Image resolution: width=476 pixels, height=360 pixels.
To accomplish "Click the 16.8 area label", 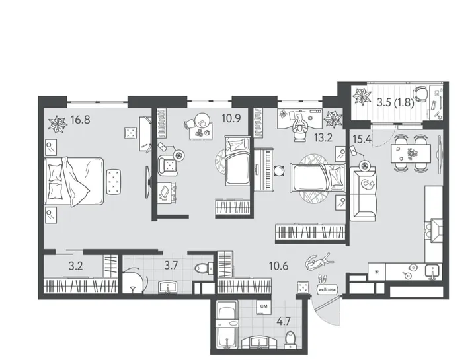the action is tap(80, 120).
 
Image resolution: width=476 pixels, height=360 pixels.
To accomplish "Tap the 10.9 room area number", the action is tap(231, 118).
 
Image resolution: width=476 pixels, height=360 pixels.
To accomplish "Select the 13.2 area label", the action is tap(323, 138).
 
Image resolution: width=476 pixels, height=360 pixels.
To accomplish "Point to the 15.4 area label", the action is tap(362, 139).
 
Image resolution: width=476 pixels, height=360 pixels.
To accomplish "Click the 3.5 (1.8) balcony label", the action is tap(395, 103).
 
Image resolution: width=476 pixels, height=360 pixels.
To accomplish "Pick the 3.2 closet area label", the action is tap(75, 266).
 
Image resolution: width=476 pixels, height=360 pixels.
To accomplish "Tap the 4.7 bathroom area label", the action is tap(284, 321).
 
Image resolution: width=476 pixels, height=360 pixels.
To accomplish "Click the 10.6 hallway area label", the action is tap(279, 266).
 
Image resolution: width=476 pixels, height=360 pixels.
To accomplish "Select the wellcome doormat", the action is tap(327, 289).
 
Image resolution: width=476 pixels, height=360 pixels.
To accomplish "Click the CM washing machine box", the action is tap(264, 306).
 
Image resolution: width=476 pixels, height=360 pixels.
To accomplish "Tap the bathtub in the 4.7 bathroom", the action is tap(227, 328).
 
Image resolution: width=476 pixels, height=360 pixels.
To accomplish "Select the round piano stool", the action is tap(279, 170).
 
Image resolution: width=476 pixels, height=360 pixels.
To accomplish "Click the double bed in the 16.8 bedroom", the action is tap(75, 182).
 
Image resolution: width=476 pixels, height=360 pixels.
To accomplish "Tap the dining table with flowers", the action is tap(411, 154).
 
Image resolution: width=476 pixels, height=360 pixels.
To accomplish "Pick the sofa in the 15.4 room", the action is tap(364, 193).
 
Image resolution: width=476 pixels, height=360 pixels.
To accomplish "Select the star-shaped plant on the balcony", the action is tap(362, 96).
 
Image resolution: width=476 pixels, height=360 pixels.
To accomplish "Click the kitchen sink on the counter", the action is tap(432, 270).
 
